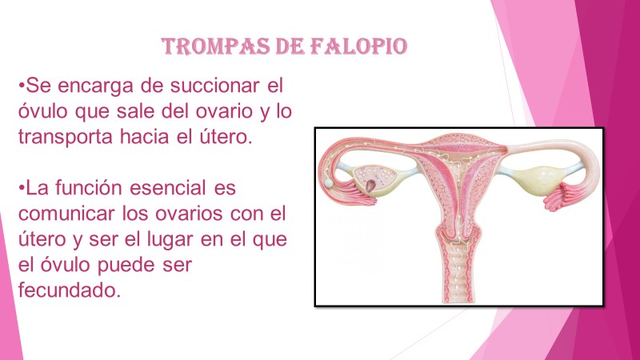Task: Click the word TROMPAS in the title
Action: click(x=216, y=46)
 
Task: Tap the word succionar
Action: click(x=214, y=86)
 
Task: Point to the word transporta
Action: click(x=65, y=137)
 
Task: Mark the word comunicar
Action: click(x=66, y=214)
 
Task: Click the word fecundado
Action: click(x=70, y=290)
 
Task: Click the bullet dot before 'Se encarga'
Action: click(x=22, y=86)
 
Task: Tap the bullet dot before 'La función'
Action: click(x=22, y=189)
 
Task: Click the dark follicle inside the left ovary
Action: click(x=370, y=186)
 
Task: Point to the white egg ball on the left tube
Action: click(x=329, y=183)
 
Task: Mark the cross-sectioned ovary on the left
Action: click(x=374, y=180)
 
